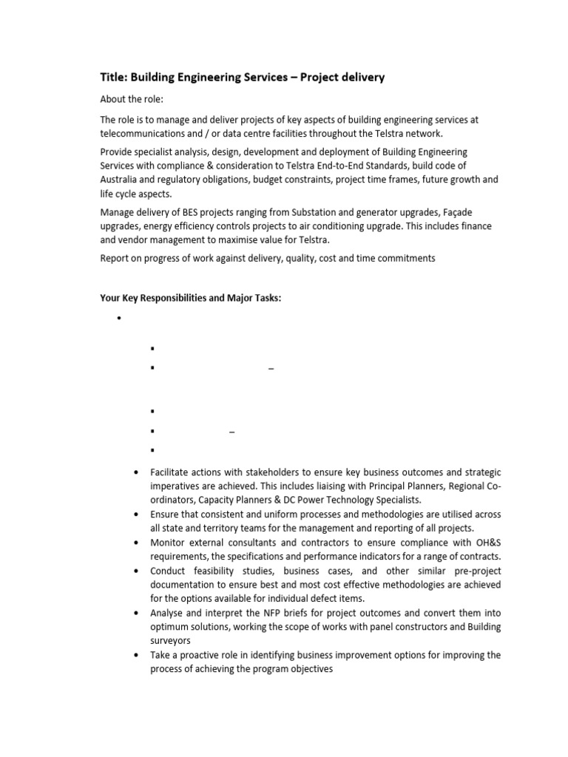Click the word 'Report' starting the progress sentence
point(115,258)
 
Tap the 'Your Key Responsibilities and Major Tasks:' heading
point(191,298)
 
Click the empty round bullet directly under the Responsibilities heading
point(118,319)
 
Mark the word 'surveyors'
point(171,641)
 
